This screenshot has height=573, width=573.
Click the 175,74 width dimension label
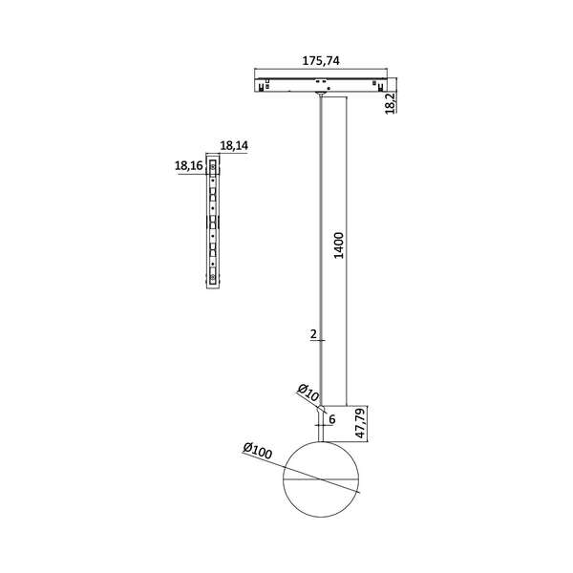321,60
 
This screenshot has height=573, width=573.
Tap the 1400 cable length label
338,246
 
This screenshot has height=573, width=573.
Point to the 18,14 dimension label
233,145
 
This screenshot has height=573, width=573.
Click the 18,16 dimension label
189,165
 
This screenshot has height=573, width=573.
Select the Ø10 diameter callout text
308,392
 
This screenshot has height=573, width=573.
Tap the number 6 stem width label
331,418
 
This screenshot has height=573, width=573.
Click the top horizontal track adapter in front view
321,84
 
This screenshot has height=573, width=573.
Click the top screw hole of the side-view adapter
212,175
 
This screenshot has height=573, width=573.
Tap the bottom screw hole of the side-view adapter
212,278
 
